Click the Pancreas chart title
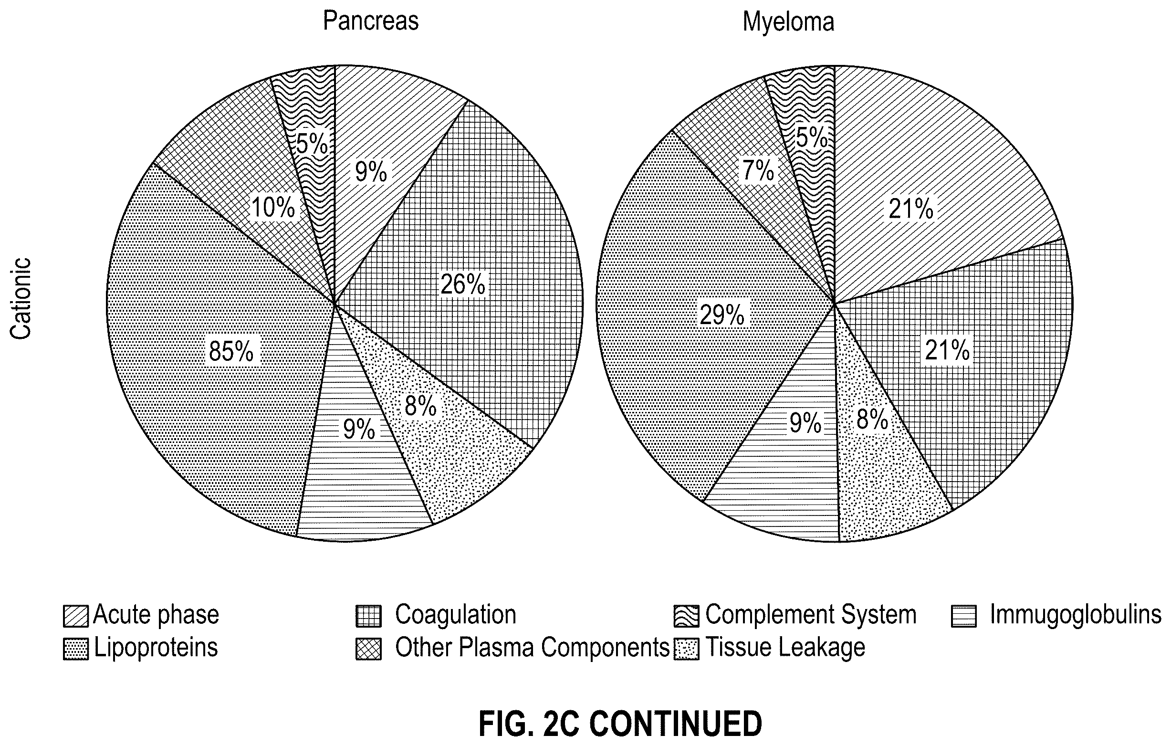[x=371, y=21]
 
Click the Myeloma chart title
[x=788, y=22]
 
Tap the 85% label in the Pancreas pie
[x=231, y=351]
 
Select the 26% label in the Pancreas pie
[x=462, y=284]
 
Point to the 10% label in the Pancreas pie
[x=273, y=207]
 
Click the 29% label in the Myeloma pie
[x=721, y=315]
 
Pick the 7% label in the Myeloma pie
[x=758, y=170]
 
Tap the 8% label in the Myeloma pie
[x=872, y=419]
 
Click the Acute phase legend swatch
[x=76, y=616]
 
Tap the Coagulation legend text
[x=456, y=614]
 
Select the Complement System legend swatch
[x=686, y=616]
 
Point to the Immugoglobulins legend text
[x=1076, y=615]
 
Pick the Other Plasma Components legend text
[x=533, y=648]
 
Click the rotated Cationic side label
[x=21, y=299]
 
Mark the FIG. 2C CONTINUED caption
[x=620, y=724]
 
